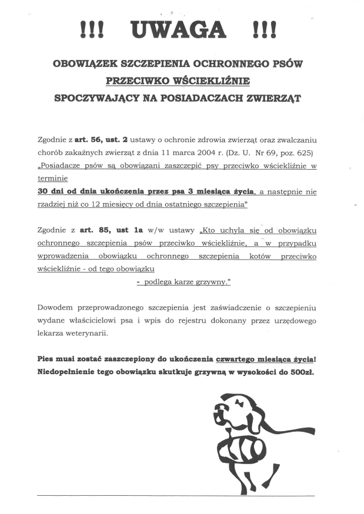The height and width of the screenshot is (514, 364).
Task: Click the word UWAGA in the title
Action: pyautogui.click(x=182, y=29)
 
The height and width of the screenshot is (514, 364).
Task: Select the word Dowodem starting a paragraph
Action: pyautogui.click(x=54, y=307)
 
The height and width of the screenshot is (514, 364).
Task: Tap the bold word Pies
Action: pyautogui.click(x=46, y=358)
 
